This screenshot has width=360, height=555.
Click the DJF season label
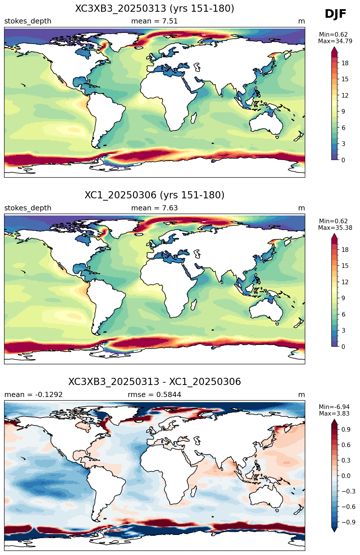click(335, 14)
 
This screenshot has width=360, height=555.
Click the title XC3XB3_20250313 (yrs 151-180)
click(155, 9)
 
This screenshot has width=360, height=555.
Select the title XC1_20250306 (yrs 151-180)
click(155, 195)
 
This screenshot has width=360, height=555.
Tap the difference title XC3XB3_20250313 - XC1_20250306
click(155, 382)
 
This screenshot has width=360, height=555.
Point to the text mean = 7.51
click(154, 21)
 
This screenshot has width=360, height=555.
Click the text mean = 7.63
click(154, 208)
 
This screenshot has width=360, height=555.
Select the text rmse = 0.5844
click(154, 395)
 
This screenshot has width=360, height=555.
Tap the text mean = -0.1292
click(34, 395)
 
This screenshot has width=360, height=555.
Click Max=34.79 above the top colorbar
click(335, 41)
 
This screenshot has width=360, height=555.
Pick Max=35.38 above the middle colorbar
click(335, 228)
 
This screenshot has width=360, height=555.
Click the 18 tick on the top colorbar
click(345, 63)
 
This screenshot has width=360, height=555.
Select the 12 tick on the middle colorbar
click(345, 282)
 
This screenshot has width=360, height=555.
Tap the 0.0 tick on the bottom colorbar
click(346, 476)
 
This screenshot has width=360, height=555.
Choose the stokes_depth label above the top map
click(28, 21)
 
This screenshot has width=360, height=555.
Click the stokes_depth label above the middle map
click(28, 208)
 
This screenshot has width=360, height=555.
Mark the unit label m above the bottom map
click(302, 395)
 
